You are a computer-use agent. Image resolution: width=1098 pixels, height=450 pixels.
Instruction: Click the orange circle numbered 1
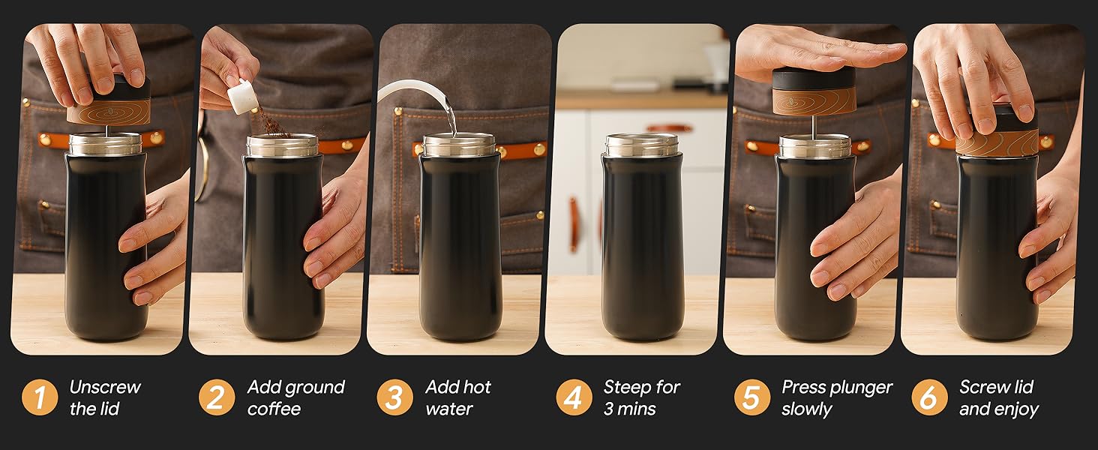[40, 397]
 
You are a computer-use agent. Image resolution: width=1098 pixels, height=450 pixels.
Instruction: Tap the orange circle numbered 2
[217, 397]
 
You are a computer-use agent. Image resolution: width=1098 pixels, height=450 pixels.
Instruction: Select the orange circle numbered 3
[394, 397]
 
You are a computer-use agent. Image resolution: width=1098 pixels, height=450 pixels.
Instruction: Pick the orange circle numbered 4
[574, 397]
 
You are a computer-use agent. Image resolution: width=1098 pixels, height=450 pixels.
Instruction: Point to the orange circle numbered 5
[752, 397]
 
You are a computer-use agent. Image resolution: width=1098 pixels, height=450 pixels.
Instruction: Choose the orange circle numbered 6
[929, 397]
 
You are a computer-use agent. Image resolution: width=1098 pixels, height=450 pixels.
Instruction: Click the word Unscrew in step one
[105, 387]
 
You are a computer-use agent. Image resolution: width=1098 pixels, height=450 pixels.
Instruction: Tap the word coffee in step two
[274, 409]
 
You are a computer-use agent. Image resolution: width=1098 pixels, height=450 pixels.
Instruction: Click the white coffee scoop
[243, 96]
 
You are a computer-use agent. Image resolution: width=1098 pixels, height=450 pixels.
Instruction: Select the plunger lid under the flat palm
[814, 91]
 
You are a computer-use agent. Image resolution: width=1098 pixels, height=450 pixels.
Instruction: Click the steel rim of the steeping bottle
[642, 145]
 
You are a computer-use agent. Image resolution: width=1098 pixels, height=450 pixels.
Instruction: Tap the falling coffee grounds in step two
[273, 121]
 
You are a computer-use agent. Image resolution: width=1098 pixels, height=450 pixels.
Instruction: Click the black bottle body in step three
[460, 247]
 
